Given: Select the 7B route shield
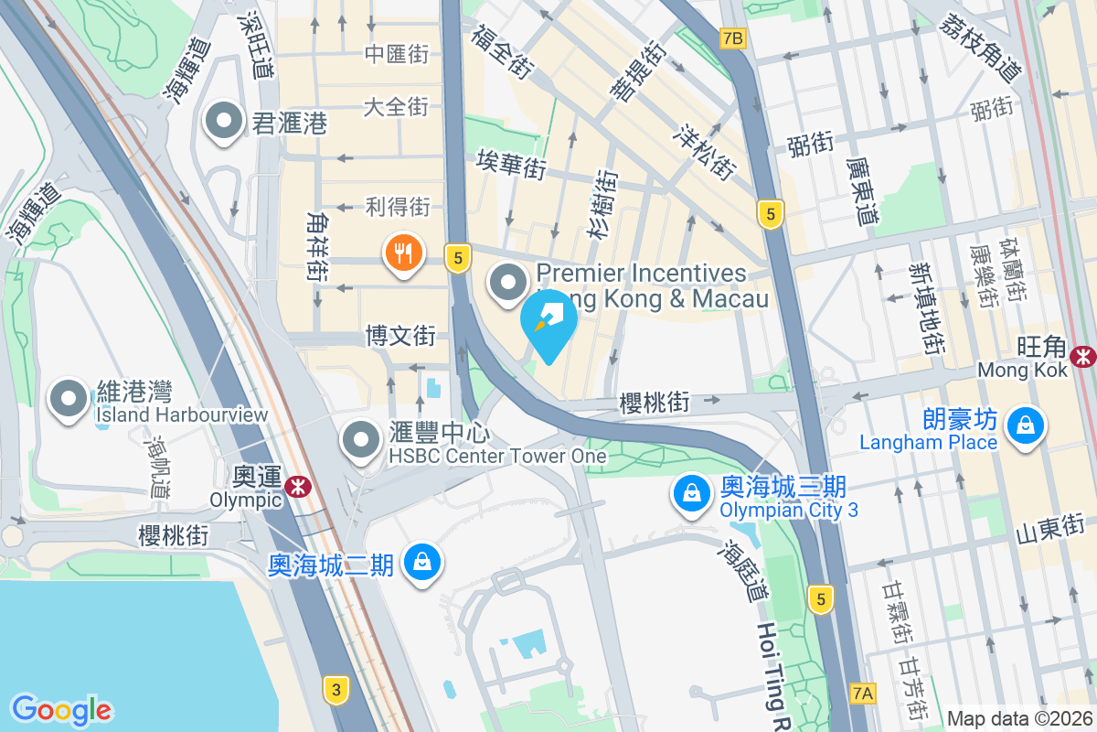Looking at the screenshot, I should pyautogui.click(x=733, y=38).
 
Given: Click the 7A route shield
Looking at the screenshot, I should pyautogui.click(x=862, y=693).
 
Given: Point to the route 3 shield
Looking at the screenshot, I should pyautogui.click(x=336, y=690).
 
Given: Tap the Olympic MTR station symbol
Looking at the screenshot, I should pyautogui.click(x=295, y=487).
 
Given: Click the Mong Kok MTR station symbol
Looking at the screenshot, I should pyautogui.click(x=1085, y=355).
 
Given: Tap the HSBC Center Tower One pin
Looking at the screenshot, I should pyautogui.click(x=361, y=440).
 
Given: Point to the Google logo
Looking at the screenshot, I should pyautogui.click(x=61, y=709).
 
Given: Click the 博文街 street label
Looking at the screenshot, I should pyautogui.click(x=400, y=335).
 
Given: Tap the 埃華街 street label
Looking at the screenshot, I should pyautogui.click(x=511, y=166).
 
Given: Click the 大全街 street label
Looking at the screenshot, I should pyautogui.click(x=396, y=106).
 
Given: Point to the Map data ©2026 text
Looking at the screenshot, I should pyautogui.click(x=1019, y=718).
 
